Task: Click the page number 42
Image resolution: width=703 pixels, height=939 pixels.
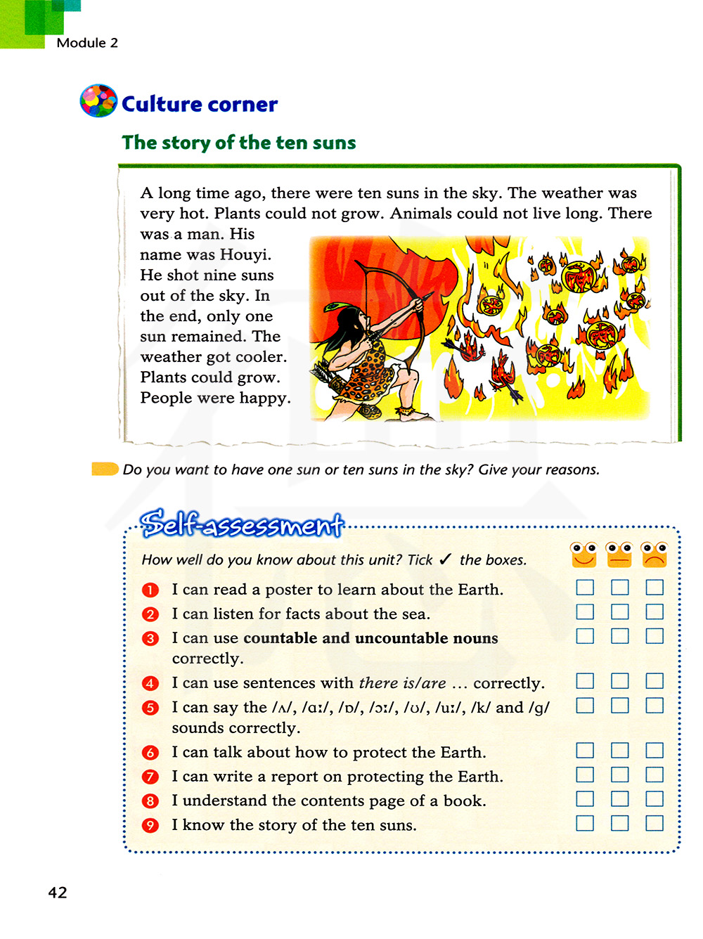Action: [58, 892]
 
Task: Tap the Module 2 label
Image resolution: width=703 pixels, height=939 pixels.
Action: [87, 43]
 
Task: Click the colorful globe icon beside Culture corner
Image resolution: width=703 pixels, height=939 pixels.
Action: [98, 101]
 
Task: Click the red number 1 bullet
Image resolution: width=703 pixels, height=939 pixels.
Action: [150, 590]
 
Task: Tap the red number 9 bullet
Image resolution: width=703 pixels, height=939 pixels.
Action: [150, 825]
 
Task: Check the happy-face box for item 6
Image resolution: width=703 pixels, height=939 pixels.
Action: [585, 751]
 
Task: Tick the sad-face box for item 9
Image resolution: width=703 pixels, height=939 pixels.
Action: [654, 823]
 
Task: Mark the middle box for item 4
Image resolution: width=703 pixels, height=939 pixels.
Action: [619, 680]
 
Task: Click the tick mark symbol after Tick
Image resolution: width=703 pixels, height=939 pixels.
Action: [446, 559]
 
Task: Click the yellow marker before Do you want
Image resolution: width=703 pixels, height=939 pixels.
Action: [105, 469]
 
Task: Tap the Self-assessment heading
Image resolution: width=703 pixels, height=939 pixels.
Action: [241, 524]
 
